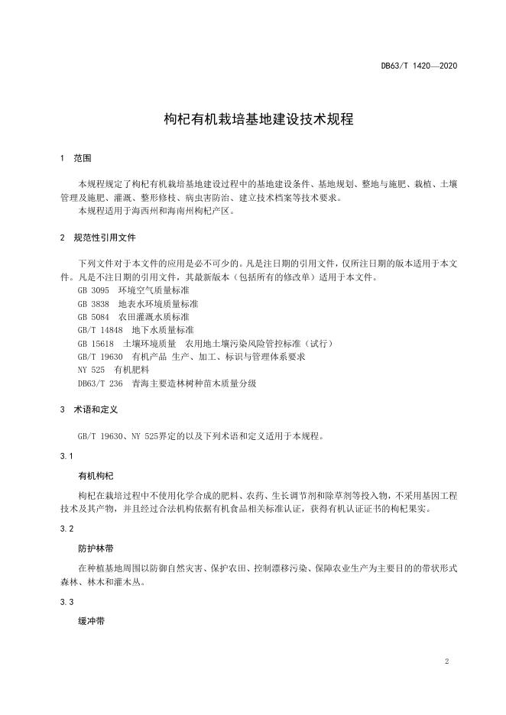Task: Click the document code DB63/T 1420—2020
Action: [x=419, y=66]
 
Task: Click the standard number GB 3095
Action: [x=93, y=291]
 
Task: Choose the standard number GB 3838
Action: [x=93, y=304]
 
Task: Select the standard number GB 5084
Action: [x=93, y=317]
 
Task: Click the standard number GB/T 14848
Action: [x=99, y=330]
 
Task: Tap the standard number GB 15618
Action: [x=95, y=344]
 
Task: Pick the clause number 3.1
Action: [x=66, y=456]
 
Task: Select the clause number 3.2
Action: [x=66, y=529]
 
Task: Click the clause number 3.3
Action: [x=66, y=602]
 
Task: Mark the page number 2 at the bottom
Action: [x=446, y=662]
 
